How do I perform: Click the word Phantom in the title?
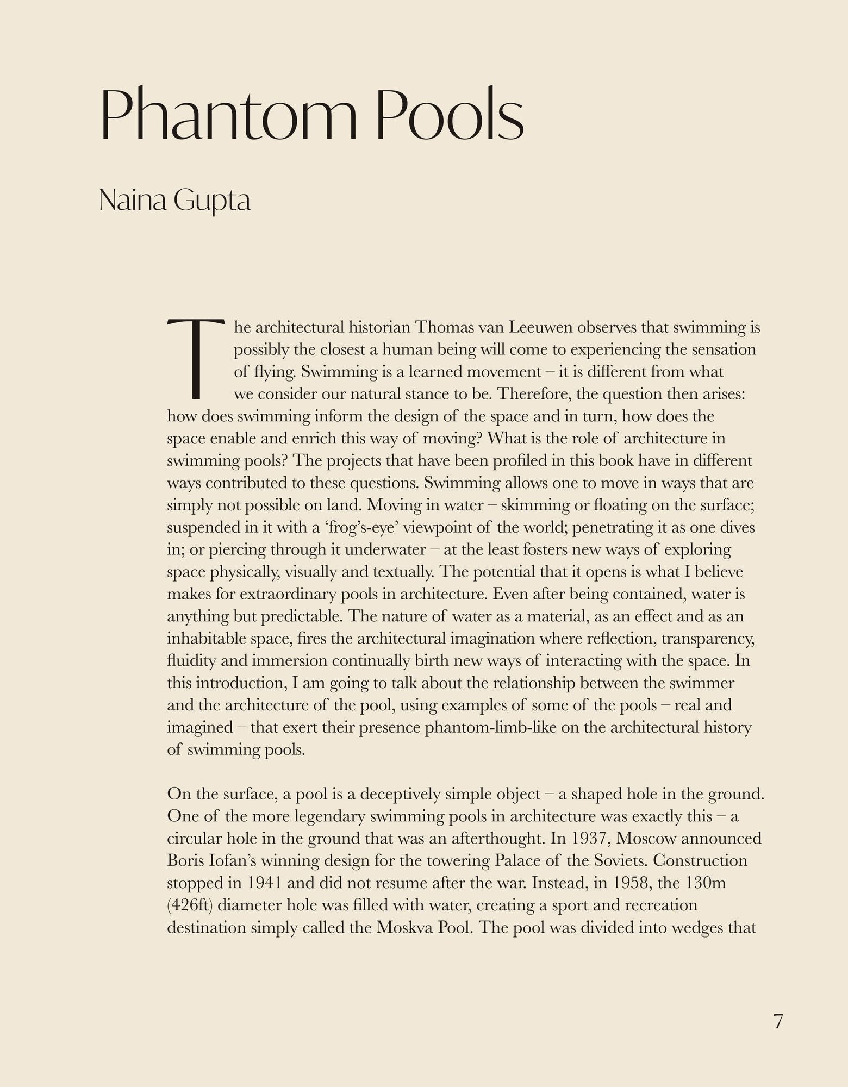tap(228, 114)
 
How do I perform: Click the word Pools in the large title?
tap(450, 114)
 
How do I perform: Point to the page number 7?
tap(778, 1022)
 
